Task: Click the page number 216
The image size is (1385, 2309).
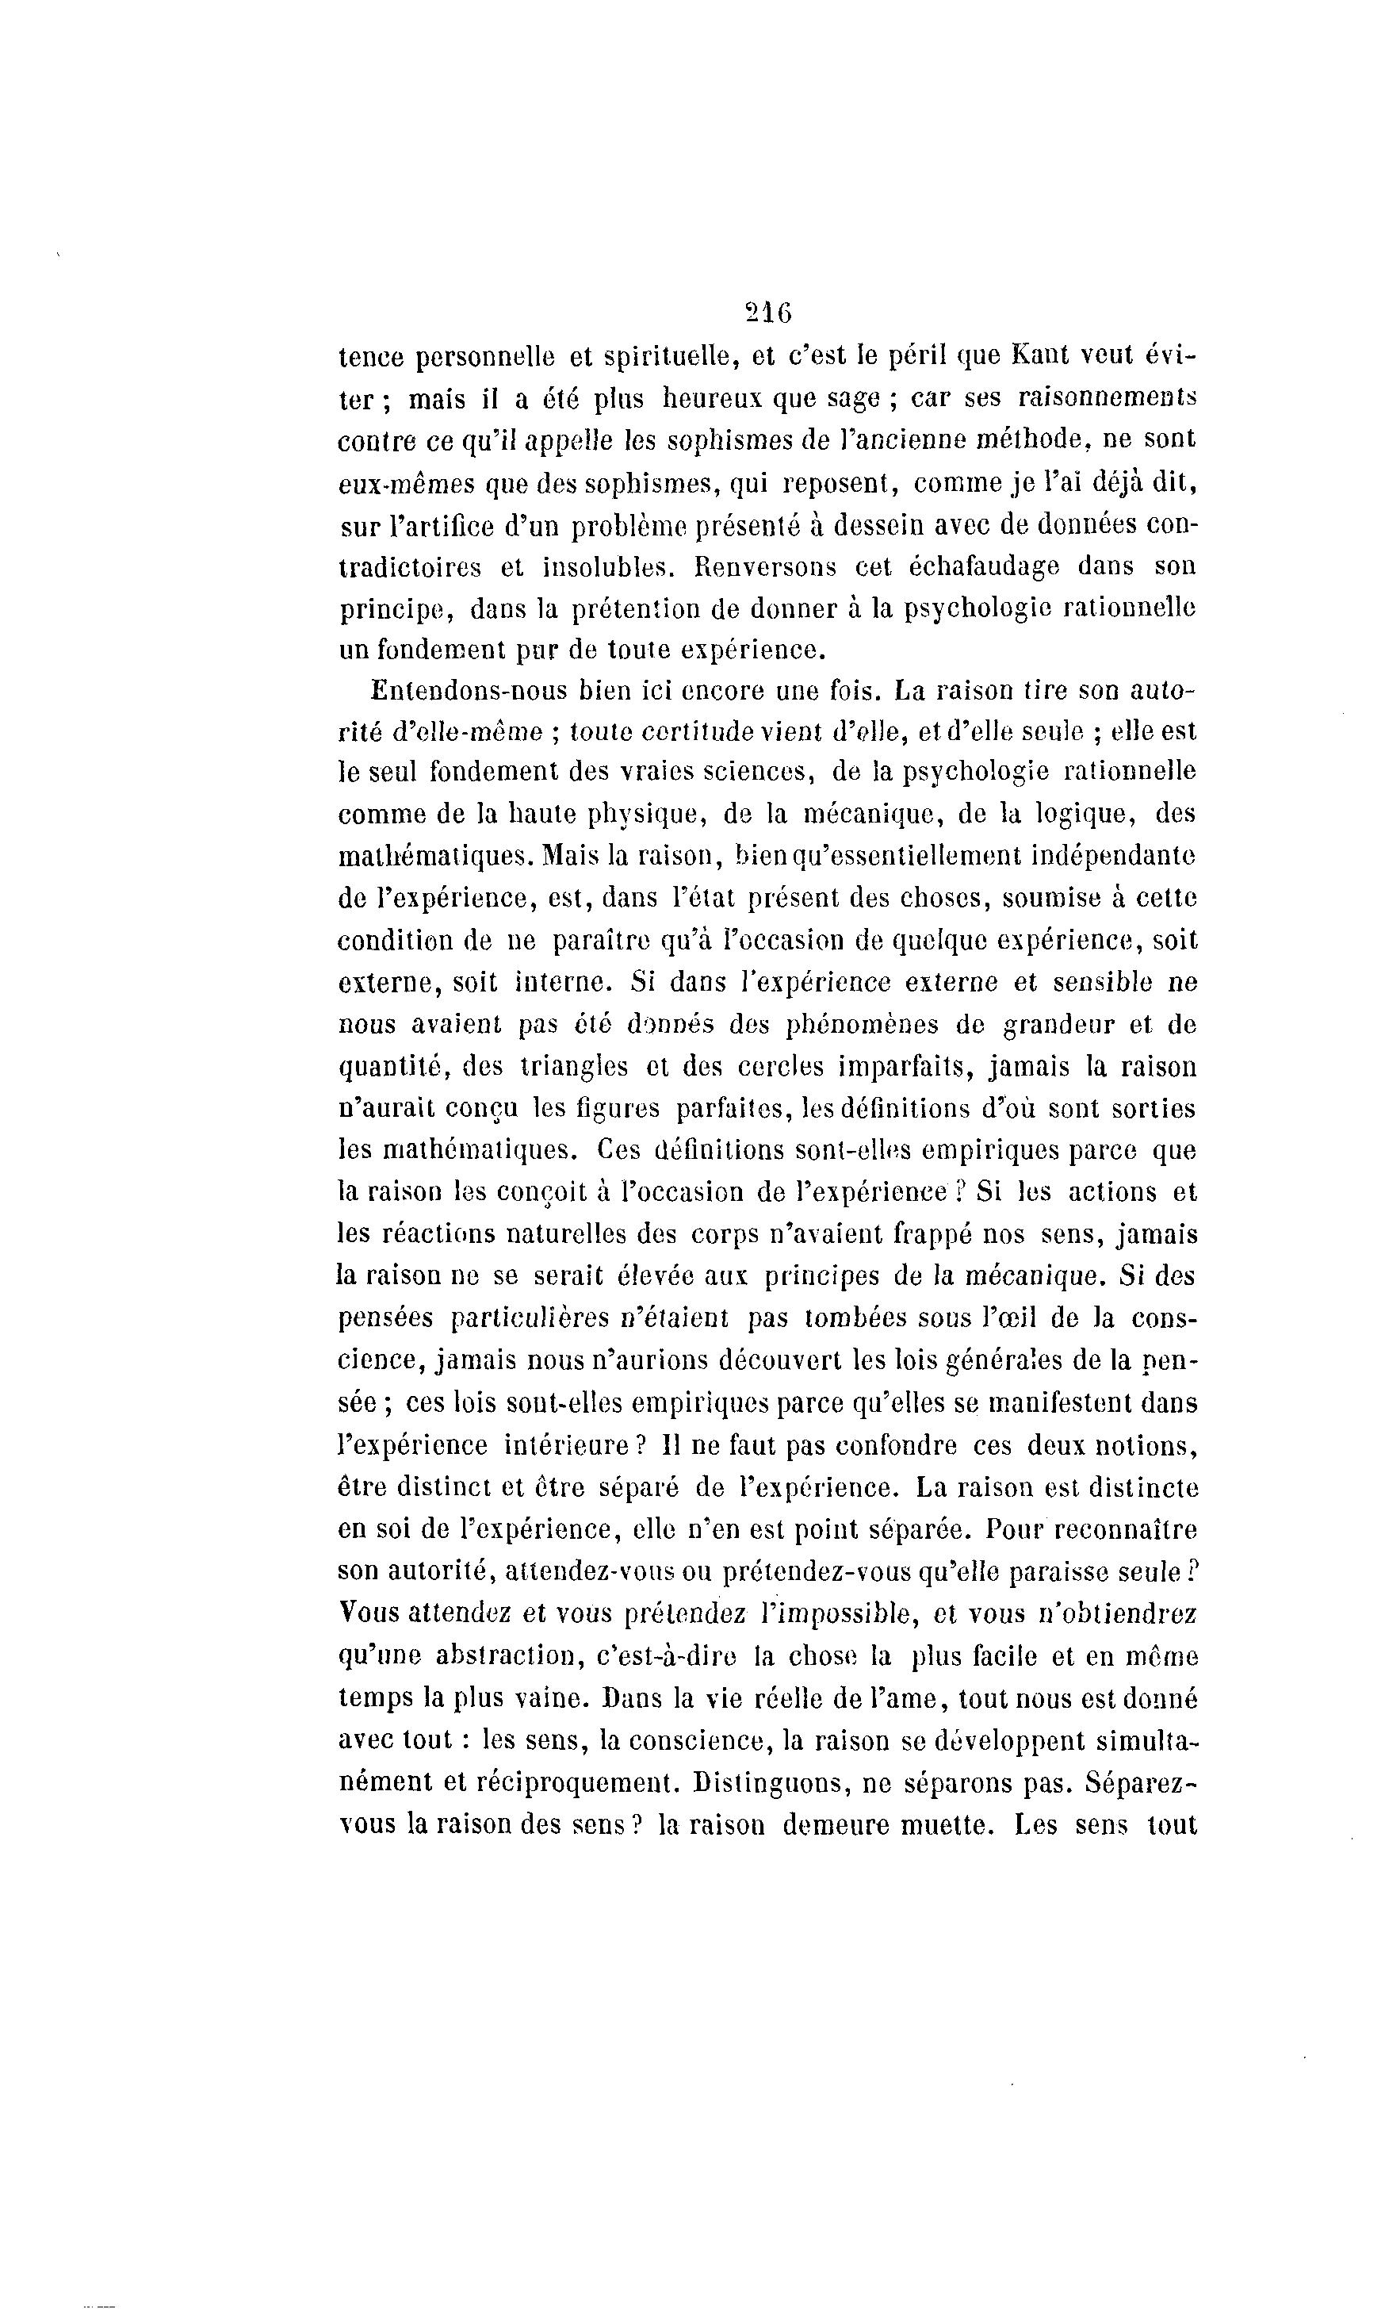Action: [x=769, y=313]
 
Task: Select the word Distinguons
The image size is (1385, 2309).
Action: [x=763, y=1782]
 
